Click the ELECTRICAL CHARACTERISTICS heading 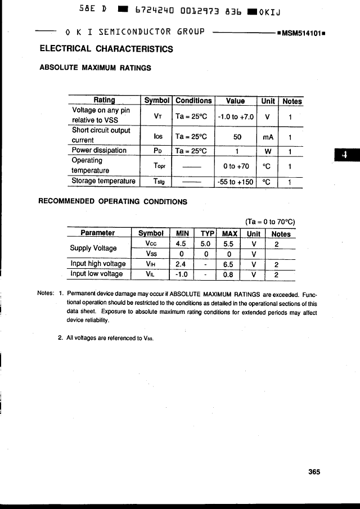[106, 49]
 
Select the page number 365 [314, 472]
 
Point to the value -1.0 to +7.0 [235, 117]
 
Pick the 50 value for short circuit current [236, 137]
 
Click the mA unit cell [268, 137]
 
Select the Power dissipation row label [99, 151]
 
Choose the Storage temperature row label [103, 182]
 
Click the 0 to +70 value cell [236, 166]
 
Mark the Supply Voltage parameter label [93, 248]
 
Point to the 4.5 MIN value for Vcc [181, 244]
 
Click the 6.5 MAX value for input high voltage [228, 264]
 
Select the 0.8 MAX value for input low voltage [228, 274]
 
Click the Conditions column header [193, 101]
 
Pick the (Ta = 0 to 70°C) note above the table [270, 222]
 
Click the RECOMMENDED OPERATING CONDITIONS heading [112, 201]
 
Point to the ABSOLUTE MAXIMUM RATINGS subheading [95, 67]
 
